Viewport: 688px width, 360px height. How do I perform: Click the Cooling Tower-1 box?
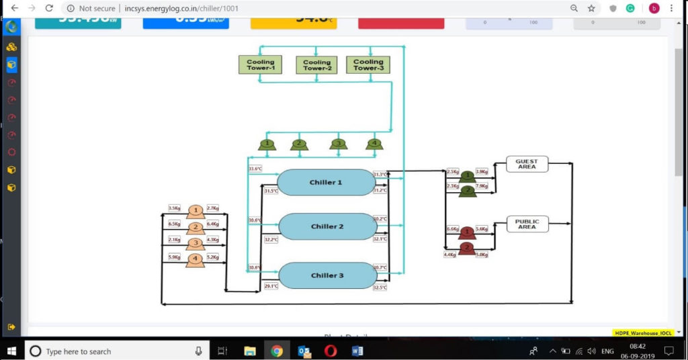(x=260, y=64)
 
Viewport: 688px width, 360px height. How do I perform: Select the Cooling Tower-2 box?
(x=316, y=65)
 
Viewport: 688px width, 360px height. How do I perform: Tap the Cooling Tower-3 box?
(x=368, y=65)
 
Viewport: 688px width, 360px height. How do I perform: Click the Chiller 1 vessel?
(x=326, y=183)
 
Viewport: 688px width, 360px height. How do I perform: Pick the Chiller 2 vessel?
(x=327, y=227)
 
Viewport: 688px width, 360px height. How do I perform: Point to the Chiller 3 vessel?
(x=327, y=275)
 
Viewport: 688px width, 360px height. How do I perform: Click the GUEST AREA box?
(x=527, y=164)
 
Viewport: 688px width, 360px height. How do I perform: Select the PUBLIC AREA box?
(x=527, y=224)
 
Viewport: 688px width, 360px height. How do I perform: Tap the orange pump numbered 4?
(x=196, y=259)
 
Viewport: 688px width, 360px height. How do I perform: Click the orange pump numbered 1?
(x=196, y=212)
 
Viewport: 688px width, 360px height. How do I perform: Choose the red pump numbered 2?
(x=466, y=248)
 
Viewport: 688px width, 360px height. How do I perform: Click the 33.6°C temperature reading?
(x=255, y=169)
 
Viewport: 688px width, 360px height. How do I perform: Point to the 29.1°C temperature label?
(x=271, y=286)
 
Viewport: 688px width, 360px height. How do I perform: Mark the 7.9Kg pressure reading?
(x=482, y=186)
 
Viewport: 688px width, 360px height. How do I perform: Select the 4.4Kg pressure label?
(x=449, y=255)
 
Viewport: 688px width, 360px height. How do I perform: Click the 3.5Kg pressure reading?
(x=174, y=208)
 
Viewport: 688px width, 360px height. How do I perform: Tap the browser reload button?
(x=49, y=8)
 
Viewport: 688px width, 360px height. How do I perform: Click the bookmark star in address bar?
(x=591, y=8)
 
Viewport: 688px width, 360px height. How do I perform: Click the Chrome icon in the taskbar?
(x=277, y=351)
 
